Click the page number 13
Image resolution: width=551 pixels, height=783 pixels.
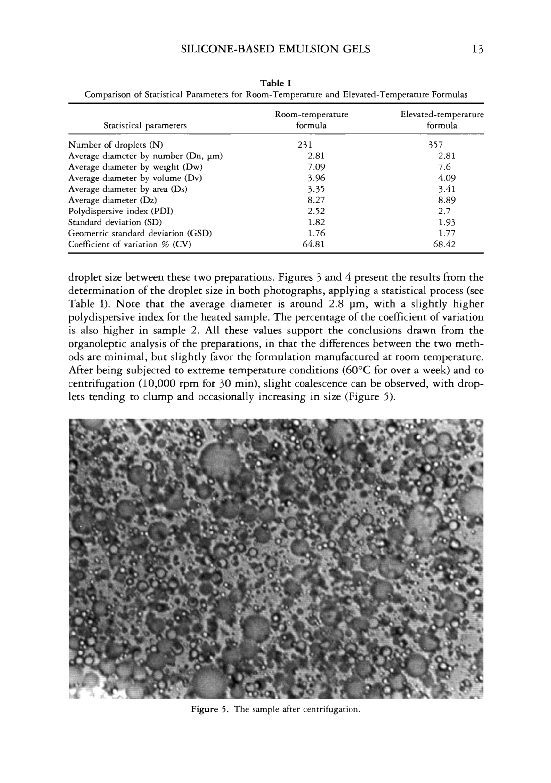pos(478,50)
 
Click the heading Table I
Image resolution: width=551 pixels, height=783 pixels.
pos(275,83)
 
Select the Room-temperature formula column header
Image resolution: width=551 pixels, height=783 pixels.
pos(311,120)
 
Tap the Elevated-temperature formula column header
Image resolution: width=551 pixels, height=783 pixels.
pos(442,120)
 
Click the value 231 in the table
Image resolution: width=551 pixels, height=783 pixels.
pos(305,145)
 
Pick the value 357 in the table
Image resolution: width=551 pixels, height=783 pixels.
pos(436,145)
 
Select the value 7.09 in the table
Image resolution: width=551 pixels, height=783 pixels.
pos(316,167)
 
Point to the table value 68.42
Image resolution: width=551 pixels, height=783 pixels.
pos(444,244)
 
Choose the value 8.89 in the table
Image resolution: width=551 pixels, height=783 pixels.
pos(447,200)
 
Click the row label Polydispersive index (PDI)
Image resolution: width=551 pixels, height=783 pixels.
pos(121,212)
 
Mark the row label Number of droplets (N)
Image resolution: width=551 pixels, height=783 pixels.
pos(116,145)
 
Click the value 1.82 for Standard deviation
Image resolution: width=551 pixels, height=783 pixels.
pos(316,222)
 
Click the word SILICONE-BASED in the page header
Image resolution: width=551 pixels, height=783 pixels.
pos(227,50)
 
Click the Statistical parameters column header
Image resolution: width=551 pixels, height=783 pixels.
pos(145,126)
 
